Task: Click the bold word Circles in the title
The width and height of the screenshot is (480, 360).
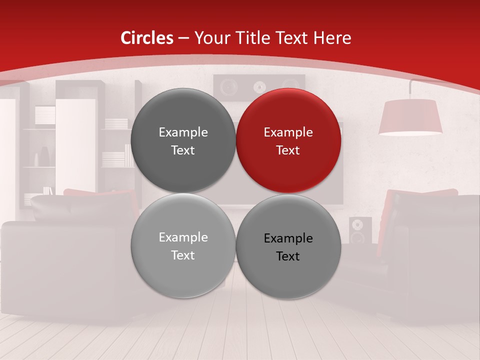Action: pos(146,38)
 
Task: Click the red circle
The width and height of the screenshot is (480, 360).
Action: pos(288,140)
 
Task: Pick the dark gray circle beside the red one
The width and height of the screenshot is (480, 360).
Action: pos(183,140)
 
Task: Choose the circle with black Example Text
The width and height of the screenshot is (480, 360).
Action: pos(288,246)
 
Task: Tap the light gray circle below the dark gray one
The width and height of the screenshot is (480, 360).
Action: pos(183,245)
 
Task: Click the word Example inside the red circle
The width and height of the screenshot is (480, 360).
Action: pos(288,132)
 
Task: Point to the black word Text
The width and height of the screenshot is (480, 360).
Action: pos(287,256)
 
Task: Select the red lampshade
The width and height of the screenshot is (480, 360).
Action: pos(410,117)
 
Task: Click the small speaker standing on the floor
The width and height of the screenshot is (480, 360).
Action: pos(360,230)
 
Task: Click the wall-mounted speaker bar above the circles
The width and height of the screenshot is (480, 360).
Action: pos(259,86)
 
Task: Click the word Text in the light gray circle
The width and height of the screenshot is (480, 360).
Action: pos(183,255)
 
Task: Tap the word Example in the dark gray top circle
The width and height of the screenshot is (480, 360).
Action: pos(183,132)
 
